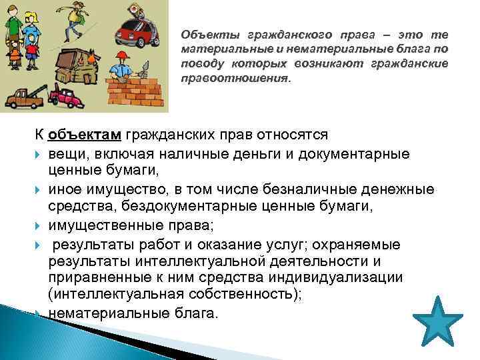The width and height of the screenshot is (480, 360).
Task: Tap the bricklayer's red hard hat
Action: [123, 55]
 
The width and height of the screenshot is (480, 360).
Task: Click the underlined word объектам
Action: [84, 134]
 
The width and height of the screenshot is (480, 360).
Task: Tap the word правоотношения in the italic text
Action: [235, 78]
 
